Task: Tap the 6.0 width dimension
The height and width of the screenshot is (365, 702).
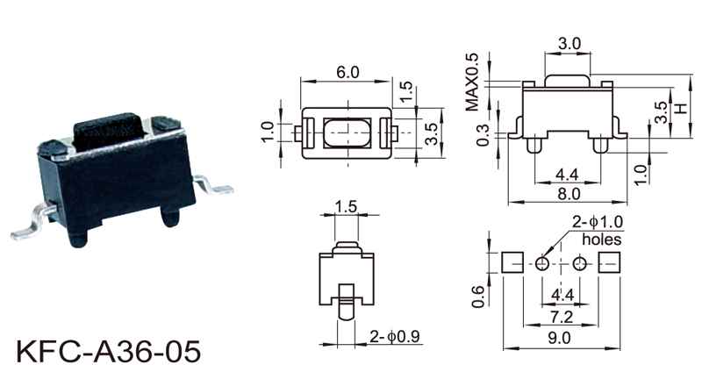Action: click(347, 74)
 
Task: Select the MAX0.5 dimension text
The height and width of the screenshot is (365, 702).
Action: click(472, 82)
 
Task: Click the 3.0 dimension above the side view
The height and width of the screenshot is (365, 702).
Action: click(569, 43)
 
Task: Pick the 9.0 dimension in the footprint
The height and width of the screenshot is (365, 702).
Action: click(560, 337)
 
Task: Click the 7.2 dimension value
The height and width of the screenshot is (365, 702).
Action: click(561, 314)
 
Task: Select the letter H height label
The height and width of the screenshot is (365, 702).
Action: click(681, 109)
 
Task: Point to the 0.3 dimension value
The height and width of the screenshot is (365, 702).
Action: click(481, 136)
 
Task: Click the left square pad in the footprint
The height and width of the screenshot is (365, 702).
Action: click(512, 262)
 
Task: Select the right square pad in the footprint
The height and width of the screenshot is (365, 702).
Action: click(610, 262)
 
